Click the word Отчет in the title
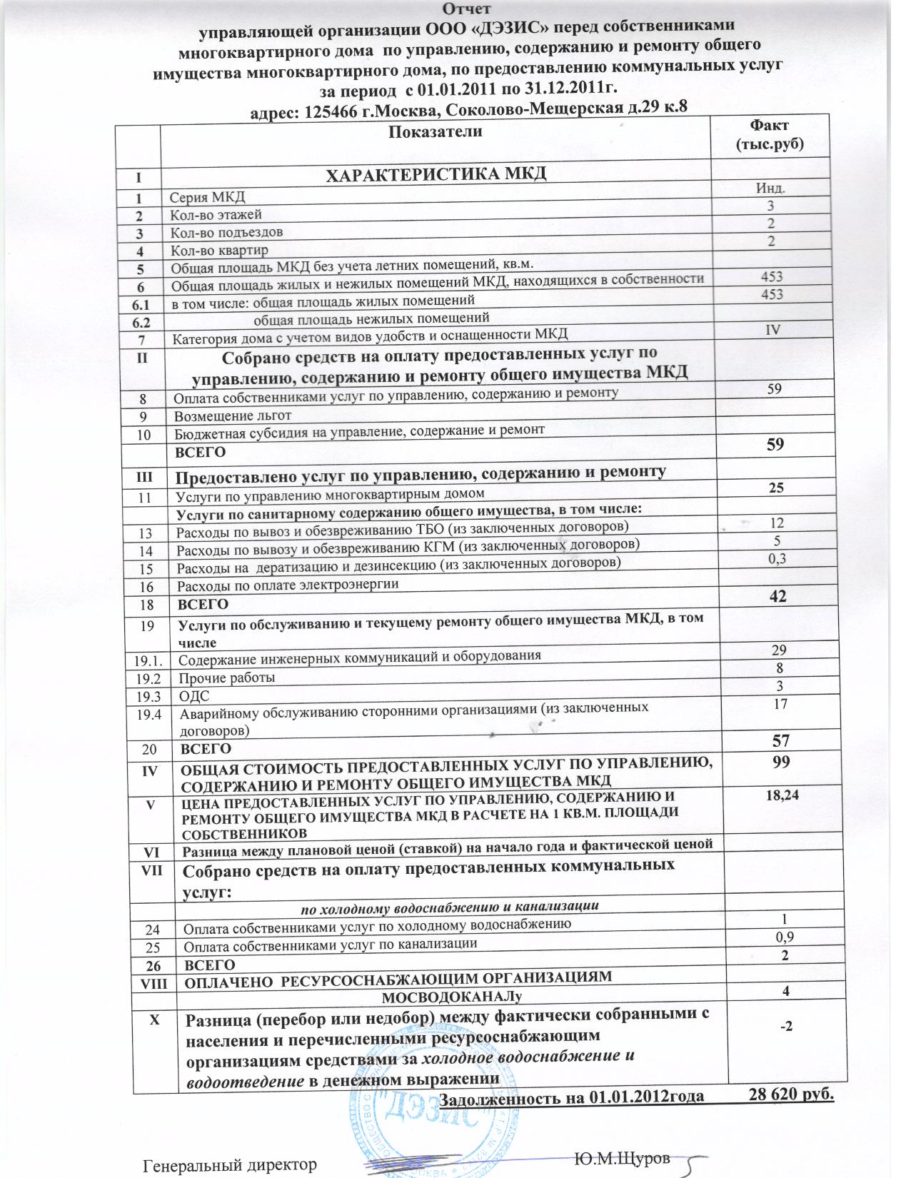465,9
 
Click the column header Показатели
436,131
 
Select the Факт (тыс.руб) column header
770,134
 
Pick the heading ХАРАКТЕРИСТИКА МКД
436,173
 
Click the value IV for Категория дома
771,329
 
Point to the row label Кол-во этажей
216,214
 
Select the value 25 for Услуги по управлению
776,488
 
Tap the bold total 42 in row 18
777,596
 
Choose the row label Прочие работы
226,677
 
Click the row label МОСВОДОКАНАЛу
456,995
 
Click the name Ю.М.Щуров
622,1158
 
